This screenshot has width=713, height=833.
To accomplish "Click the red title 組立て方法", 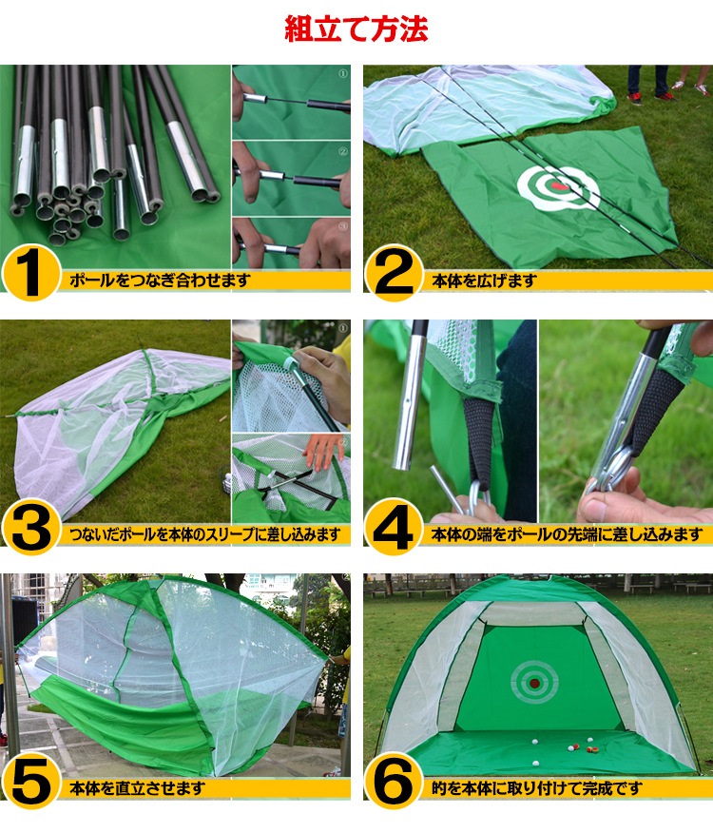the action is [356, 29].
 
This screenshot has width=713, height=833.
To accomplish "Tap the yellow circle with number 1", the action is [31, 273].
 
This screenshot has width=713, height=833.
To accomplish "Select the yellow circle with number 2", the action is [394, 273].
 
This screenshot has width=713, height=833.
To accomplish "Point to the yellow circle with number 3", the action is [31, 528].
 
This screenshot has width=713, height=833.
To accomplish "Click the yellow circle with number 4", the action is [394, 528].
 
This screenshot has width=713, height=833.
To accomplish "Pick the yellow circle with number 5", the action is [31, 782].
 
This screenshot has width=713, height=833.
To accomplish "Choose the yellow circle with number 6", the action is [394, 782].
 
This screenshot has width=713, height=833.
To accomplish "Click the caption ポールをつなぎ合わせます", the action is [160, 280].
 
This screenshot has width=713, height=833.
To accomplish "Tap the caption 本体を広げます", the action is [484, 281].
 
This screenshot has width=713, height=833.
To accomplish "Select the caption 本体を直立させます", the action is [137, 788].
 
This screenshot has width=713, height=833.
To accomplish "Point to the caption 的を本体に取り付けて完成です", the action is [537, 788].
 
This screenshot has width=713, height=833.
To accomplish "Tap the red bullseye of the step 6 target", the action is [534, 683].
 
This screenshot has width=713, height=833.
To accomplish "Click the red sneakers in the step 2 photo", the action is [651, 97].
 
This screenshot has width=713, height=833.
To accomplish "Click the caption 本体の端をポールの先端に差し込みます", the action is [567, 534].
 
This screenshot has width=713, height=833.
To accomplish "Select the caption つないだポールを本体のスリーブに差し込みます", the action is [205, 534].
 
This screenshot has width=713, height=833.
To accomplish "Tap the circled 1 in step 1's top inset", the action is [343, 74].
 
